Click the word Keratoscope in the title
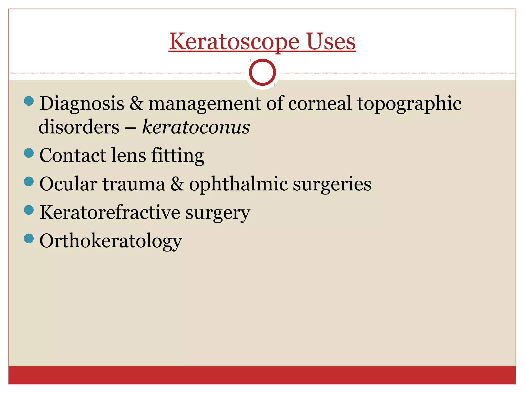click(x=234, y=41)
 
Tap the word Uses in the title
click(x=331, y=41)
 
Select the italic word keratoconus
click(x=196, y=127)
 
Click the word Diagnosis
click(x=82, y=104)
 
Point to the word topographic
click(x=409, y=104)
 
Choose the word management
click(x=205, y=104)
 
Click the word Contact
click(x=73, y=155)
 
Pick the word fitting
click(x=178, y=156)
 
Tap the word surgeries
click(x=332, y=184)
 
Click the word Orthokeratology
click(x=111, y=241)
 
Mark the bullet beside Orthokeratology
click(x=29, y=238)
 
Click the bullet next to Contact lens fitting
click(x=29, y=153)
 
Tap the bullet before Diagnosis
click(x=29, y=101)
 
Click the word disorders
click(x=79, y=127)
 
